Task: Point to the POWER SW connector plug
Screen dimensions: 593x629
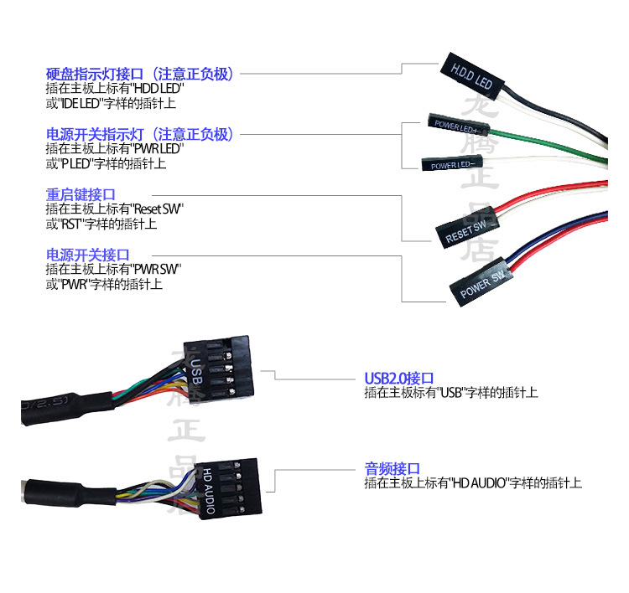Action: (x=482, y=282)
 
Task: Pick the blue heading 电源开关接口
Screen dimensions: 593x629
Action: (x=87, y=255)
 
